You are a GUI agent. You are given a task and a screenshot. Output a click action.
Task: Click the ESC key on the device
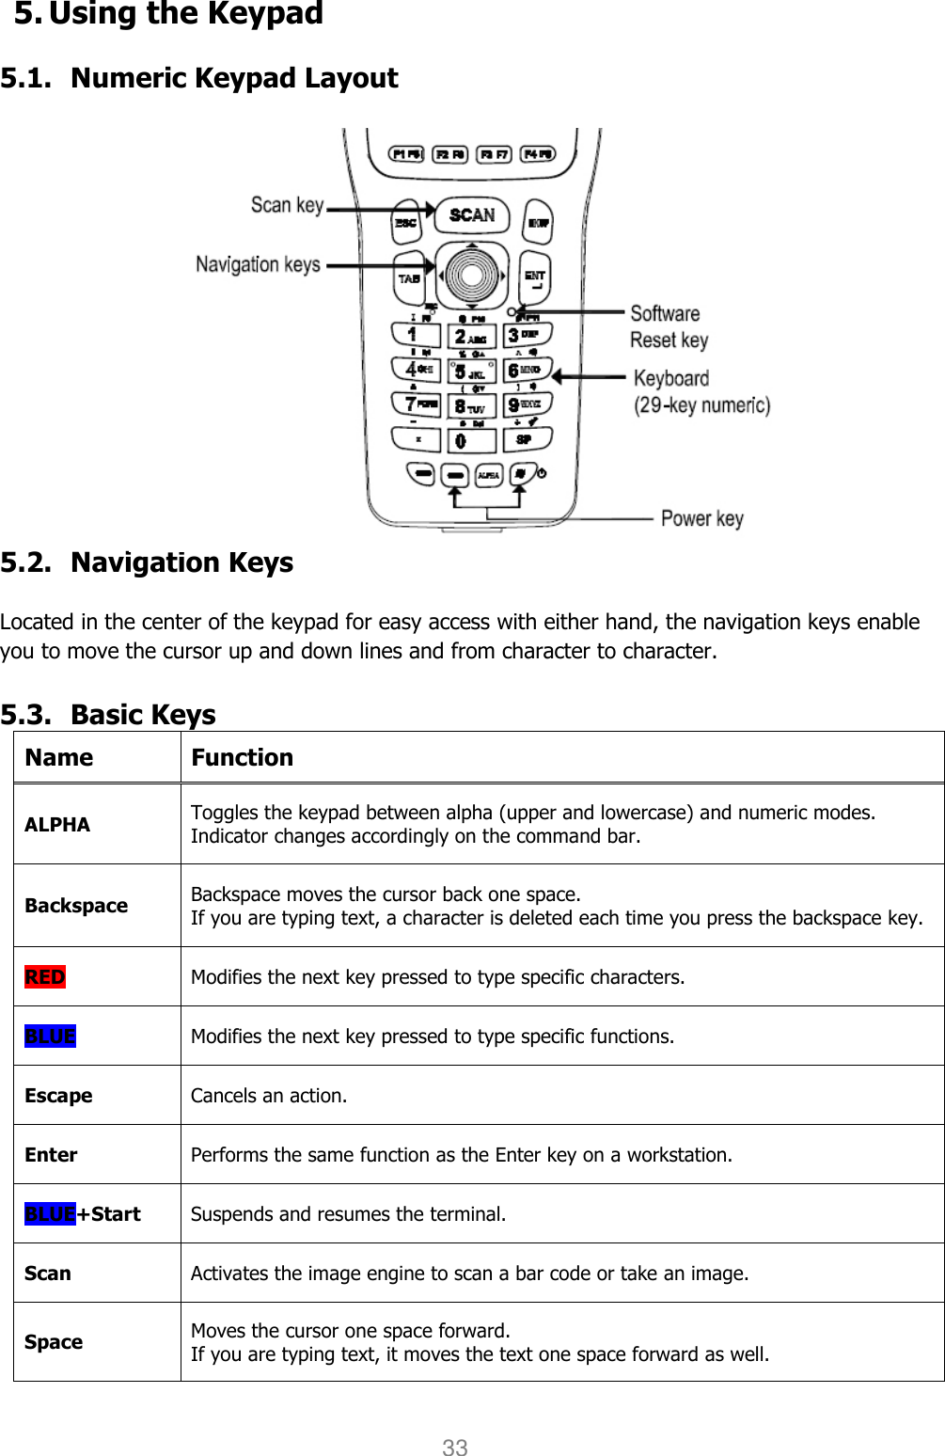pyautogui.click(x=406, y=222)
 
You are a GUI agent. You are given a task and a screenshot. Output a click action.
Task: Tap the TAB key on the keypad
pyautogui.click(x=409, y=277)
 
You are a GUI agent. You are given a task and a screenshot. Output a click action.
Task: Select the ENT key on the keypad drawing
pyautogui.click(x=535, y=277)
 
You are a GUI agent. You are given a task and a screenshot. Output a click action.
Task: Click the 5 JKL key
pyautogui.click(x=470, y=372)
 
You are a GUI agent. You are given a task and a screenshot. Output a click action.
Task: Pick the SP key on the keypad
pyautogui.click(x=525, y=438)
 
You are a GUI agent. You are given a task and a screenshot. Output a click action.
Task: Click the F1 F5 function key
pyautogui.click(x=407, y=154)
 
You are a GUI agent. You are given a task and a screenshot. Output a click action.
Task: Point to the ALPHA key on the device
pyautogui.click(x=488, y=475)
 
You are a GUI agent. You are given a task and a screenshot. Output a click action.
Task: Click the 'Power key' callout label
pyautogui.click(x=701, y=518)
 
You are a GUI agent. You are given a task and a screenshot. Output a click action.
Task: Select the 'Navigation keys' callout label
pyautogui.click(x=258, y=264)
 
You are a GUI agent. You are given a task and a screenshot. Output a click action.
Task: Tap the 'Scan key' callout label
pyautogui.click(x=287, y=205)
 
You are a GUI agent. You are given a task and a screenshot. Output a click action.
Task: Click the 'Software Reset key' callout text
pyautogui.click(x=668, y=326)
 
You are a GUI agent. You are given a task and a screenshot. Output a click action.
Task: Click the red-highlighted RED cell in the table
pyautogui.click(x=45, y=977)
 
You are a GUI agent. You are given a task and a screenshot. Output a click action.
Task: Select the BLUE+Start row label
pyautogui.click(x=83, y=1214)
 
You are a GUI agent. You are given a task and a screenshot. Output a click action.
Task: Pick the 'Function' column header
pyautogui.click(x=243, y=757)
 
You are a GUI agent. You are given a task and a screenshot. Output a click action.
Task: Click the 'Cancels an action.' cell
pyautogui.click(x=269, y=1096)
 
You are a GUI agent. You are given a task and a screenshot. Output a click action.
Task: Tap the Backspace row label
pyautogui.click(x=76, y=906)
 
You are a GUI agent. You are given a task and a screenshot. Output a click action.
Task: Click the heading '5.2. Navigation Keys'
pyautogui.click(x=148, y=562)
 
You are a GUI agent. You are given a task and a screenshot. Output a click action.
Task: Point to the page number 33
pyautogui.click(x=455, y=1448)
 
